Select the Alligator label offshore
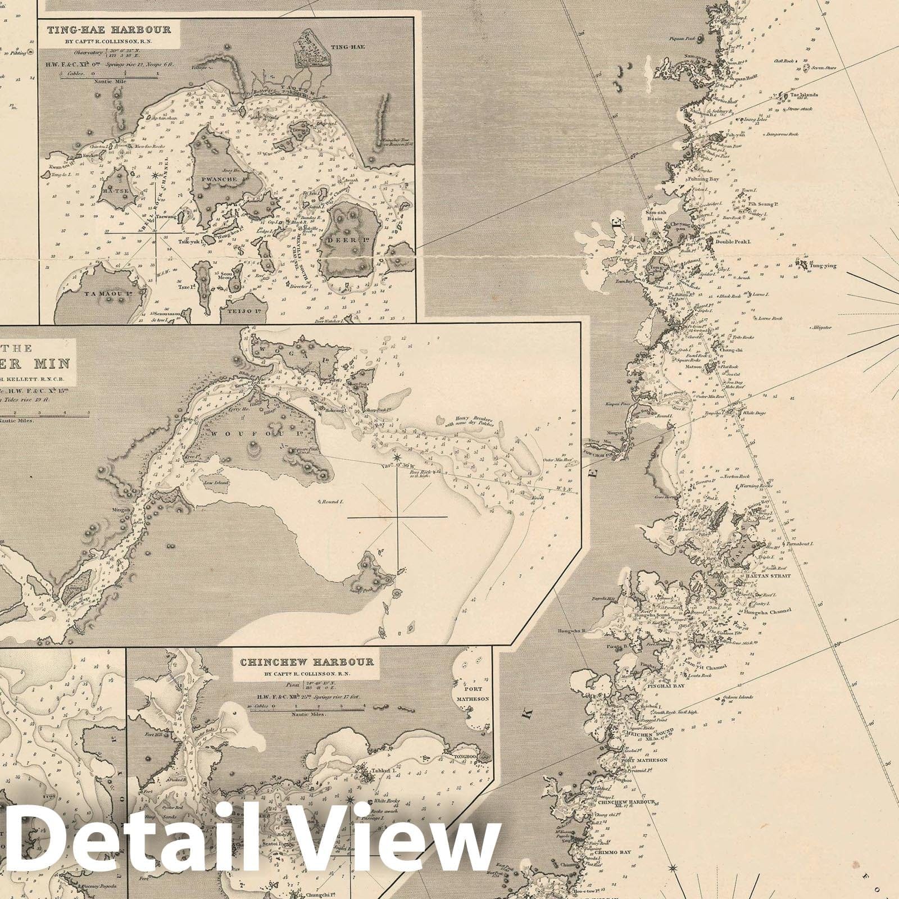point(821,327)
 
